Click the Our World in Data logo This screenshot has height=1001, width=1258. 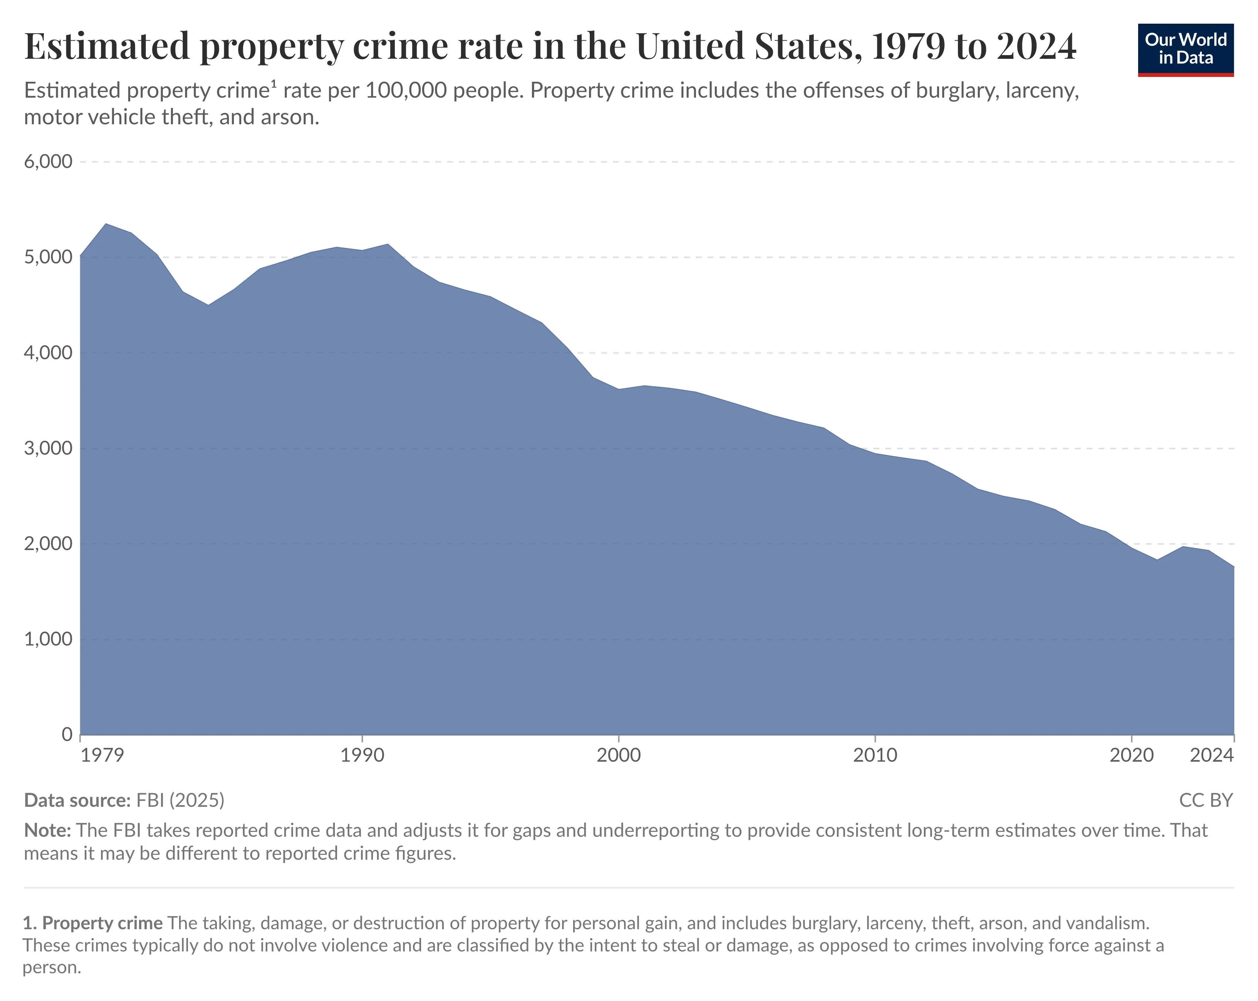click(x=1185, y=50)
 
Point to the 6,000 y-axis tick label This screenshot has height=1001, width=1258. click(x=48, y=162)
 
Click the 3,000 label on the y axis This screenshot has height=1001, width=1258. click(x=48, y=448)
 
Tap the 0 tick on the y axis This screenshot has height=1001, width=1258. click(x=67, y=734)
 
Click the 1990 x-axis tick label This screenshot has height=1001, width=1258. click(x=362, y=755)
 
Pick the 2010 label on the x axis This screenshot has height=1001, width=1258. click(x=875, y=755)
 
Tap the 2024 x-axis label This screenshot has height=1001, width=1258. click(x=1211, y=755)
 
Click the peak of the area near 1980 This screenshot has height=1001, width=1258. click(x=105, y=224)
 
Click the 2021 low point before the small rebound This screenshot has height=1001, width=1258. click(x=1157, y=560)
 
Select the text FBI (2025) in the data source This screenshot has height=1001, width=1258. click(x=180, y=800)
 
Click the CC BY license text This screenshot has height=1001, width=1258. click(x=1205, y=800)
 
